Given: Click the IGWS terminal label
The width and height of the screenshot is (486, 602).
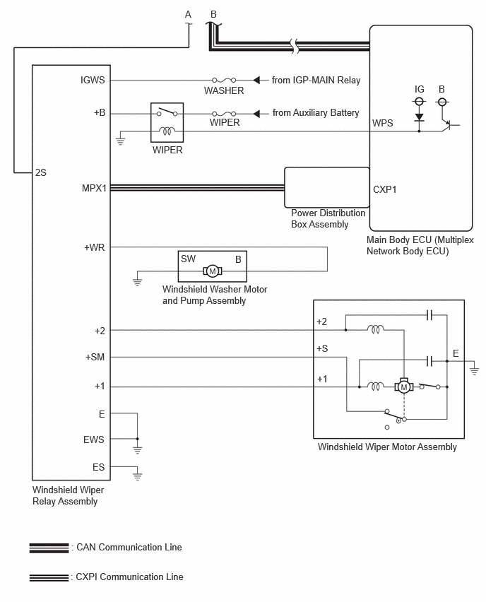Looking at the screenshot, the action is [x=93, y=80].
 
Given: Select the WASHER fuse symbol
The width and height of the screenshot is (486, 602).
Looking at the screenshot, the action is [x=224, y=80].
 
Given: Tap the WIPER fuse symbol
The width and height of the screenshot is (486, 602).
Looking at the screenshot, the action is [x=224, y=114].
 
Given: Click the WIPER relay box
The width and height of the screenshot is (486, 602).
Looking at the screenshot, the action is [x=167, y=122].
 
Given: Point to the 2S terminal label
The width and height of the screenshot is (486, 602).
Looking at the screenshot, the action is [x=41, y=172].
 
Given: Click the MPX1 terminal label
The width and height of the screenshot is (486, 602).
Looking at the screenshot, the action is [x=94, y=188].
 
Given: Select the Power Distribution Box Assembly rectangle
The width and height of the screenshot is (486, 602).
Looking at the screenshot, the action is [x=327, y=187].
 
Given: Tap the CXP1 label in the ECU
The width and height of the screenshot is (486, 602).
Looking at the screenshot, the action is [x=385, y=189].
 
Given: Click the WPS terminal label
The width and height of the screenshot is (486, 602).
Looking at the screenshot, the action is [x=383, y=123].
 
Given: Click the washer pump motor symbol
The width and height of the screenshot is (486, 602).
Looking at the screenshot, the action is [x=213, y=271].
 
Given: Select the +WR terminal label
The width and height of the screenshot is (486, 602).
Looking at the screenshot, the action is [x=95, y=247].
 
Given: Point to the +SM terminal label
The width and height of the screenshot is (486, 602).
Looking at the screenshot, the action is [x=95, y=357].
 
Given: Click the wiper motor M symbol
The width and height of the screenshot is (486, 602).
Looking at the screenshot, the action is [x=404, y=386].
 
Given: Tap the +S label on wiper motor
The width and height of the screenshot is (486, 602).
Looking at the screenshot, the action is [x=322, y=348].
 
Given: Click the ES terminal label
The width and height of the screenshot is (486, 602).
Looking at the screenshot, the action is [x=99, y=467].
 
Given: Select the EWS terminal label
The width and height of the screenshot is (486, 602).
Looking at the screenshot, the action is [x=94, y=439].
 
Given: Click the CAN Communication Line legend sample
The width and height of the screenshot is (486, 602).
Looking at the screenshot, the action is [x=49, y=548].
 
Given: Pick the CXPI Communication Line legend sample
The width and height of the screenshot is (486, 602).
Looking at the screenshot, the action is [x=49, y=577].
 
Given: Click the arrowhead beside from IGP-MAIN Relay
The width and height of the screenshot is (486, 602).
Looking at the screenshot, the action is [x=256, y=80].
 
